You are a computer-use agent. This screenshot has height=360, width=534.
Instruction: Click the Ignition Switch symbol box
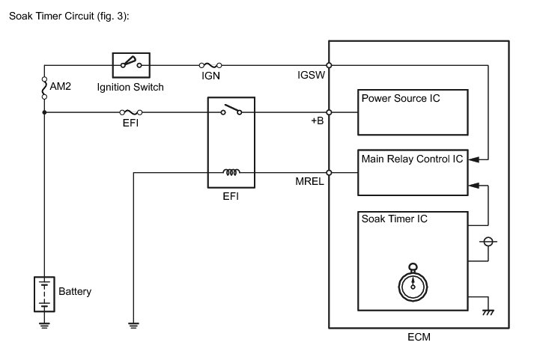tap(132, 65)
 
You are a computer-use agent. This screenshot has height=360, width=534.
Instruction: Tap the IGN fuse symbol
tap(210, 65)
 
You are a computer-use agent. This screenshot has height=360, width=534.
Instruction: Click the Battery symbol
tap(44, 293)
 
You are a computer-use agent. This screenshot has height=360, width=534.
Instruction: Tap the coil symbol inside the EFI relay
tap(231, 173)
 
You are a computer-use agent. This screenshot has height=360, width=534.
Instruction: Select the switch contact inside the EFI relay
tap(231, 112)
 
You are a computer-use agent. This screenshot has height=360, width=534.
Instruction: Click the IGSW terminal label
tap(312, 76)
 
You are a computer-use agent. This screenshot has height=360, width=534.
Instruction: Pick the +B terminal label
tap(317, 122)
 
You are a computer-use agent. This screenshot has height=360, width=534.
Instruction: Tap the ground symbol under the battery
tap(44, 325)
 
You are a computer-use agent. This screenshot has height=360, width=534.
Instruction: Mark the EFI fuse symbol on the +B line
tap(127, 112)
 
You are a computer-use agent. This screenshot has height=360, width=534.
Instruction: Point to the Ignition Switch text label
tap(130, 87)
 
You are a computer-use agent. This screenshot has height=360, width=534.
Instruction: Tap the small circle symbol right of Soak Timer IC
tap(488, 242)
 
